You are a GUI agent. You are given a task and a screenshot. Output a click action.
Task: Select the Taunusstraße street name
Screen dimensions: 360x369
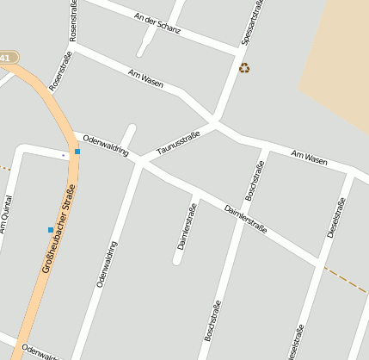click(x=178, y=143)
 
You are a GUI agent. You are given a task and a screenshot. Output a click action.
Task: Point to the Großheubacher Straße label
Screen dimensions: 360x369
click(x=58, y=228)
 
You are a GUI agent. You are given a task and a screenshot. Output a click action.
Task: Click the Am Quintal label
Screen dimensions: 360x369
click(x=6, y=214)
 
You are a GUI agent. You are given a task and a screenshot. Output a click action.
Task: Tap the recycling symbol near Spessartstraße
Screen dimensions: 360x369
click(x=244, y=67)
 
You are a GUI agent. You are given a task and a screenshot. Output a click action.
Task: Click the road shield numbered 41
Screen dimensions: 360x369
click(x=7, y=58)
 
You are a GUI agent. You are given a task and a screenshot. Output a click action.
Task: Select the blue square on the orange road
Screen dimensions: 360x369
click(x=77, y=152)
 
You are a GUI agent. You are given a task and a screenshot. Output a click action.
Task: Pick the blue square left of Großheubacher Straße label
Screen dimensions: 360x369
click(x=50, y=229)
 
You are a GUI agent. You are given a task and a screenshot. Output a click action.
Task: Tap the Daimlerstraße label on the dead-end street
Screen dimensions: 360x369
click(x=187, y=226)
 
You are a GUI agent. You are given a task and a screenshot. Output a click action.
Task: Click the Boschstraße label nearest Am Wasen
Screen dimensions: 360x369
click(x=255, y=180)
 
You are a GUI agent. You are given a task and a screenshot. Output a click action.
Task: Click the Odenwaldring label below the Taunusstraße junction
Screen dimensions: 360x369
click(x=107, y=264)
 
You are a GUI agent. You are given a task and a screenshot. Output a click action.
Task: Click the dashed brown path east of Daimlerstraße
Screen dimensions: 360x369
click(x=346, y=279)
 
